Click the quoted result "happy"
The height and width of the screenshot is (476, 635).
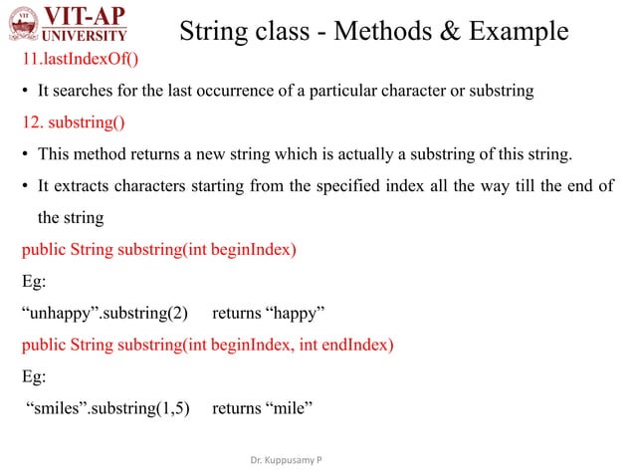click(294, 312)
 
